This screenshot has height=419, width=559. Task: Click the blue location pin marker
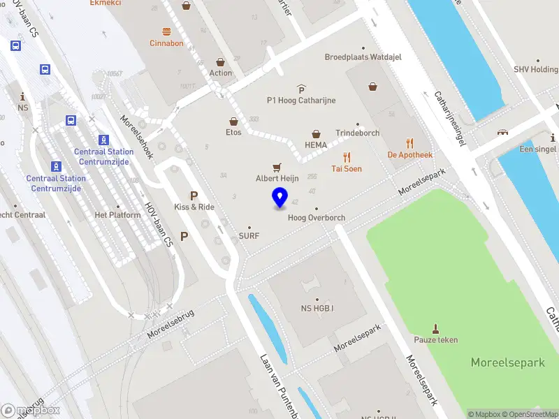click(280, 198)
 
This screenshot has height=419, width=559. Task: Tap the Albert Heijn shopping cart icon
click(277, 167)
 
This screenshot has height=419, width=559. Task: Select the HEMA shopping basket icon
click(316, 133)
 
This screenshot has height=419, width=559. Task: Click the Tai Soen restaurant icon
click(346, 157)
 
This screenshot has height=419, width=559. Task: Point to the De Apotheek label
click(410, 155)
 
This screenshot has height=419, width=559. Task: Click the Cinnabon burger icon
click(166, 31)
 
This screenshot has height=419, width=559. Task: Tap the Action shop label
click(220, 73)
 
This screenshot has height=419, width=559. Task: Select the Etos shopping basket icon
click(233, 121)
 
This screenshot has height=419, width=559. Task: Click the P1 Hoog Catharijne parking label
click(301, 101)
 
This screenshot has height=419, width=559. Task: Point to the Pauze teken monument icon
click(437, 328)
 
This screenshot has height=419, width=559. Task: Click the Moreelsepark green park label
click(507, 362)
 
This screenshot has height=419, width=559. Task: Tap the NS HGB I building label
click(317, 309)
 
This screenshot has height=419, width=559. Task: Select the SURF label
click(249, 236)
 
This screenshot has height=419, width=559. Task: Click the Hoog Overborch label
click(317, 218)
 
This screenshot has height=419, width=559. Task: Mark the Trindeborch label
click(357, 133)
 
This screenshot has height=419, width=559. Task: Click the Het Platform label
click(117, 215)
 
